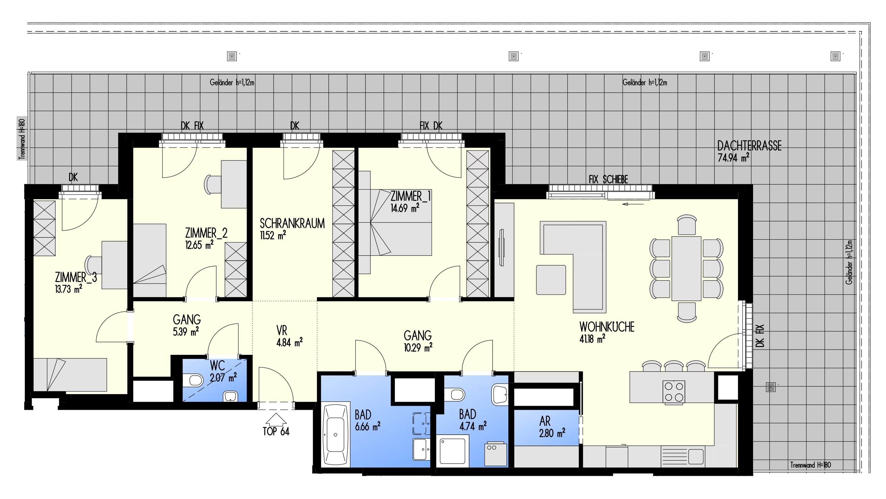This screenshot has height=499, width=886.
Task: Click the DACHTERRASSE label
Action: [x=749, y=146]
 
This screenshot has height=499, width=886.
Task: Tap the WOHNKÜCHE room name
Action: [x=607, y=327]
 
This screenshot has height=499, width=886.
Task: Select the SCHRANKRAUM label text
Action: [x=292, y=223]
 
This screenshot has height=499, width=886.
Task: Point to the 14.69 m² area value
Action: [x=405, y=208]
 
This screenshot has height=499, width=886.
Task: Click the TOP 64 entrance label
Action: [x=276, y=431]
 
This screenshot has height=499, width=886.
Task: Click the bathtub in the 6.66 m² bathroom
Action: [x=335, y=435]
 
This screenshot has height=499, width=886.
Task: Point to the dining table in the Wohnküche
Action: [x=686, y=268]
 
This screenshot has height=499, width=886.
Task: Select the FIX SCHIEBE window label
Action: [x=608, y=179]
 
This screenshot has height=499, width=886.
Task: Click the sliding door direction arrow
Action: [x=633, y=204]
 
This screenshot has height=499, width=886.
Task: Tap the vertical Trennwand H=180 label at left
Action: [x=22, y=139]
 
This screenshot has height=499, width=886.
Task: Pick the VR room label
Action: [x=282, y=331]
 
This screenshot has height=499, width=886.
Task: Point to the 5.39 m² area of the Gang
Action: [x=186, y=332]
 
